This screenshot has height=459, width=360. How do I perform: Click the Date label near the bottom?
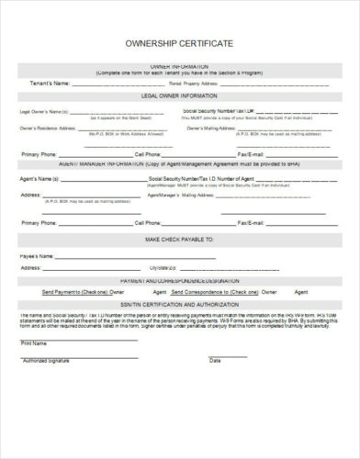[214, 361]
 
